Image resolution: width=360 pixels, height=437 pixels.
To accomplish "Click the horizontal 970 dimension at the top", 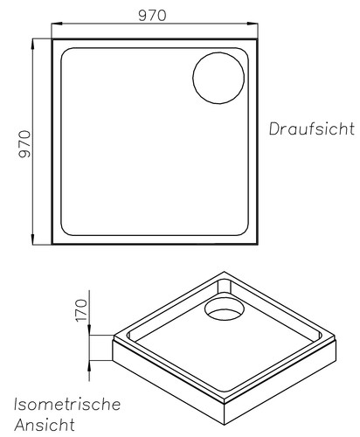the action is pos(152,16).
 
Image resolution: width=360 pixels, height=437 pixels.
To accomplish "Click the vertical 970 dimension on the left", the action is pos(24,144).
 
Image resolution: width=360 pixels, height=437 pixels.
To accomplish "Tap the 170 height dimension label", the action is pos(81,310).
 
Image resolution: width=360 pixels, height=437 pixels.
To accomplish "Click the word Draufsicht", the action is pos(312,128).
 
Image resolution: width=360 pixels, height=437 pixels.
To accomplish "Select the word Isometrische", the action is pos(67,405).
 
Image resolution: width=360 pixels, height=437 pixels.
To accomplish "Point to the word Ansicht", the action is pos(45,425).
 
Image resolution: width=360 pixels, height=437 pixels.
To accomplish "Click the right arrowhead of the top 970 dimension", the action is pos(253,24).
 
